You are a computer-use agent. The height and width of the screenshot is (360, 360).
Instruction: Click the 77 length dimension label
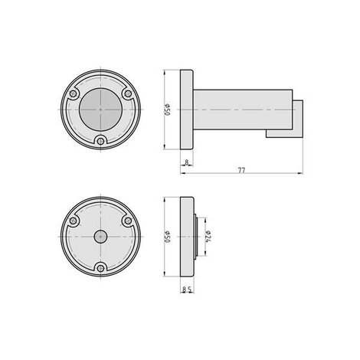(x=241, y=170)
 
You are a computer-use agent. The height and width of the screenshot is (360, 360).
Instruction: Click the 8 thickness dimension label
(x=187, y=162)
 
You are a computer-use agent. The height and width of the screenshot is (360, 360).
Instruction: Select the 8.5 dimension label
(x=187, y=290)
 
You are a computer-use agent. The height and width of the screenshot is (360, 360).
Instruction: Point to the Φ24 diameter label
(x=208, y=237)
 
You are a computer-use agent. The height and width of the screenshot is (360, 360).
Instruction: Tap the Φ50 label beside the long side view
(x=167, y=110)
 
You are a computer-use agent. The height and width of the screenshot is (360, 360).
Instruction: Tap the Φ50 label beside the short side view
(x=167, y=237)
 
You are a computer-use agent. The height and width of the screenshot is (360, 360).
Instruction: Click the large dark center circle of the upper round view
(x=101, y=110)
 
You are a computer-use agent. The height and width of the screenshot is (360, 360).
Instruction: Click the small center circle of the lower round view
(x=100, y=237)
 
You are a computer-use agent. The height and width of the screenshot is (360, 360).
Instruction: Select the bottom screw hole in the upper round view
(x=101, y=141)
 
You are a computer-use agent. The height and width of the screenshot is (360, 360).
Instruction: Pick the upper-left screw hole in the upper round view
(x=74, y=93)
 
